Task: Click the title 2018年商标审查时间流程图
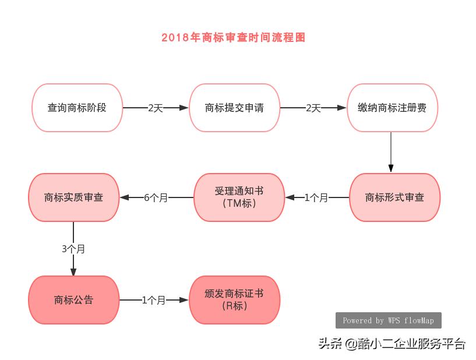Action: (x=233, y=38)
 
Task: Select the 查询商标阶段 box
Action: (x=77, y=108)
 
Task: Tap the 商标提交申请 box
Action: (x=234, y=108)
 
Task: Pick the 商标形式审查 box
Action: (x=394, y=197)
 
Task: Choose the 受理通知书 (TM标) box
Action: (x=239, y=197)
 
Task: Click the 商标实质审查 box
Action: (x=73, y=197)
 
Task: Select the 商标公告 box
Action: (x=73, y=300)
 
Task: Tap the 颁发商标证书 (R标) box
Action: (x=235, y=300)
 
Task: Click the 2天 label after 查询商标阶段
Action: (x=156, y=108)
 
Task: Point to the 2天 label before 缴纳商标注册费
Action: (x=313, y=108)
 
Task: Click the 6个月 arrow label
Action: (x=156, y=197)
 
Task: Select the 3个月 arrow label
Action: (x=73, y=249)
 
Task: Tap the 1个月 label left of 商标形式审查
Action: (x=316, y=197)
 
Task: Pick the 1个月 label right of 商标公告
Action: (x=154, y=300)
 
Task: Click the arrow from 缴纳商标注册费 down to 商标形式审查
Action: (x=391, y=151)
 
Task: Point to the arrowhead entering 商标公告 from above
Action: (x=73, y=271)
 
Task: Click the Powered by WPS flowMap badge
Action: (x=388, y=320)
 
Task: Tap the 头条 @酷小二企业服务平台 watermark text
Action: (x=392, y=344)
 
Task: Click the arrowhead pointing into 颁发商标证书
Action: (x=185, y=300)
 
